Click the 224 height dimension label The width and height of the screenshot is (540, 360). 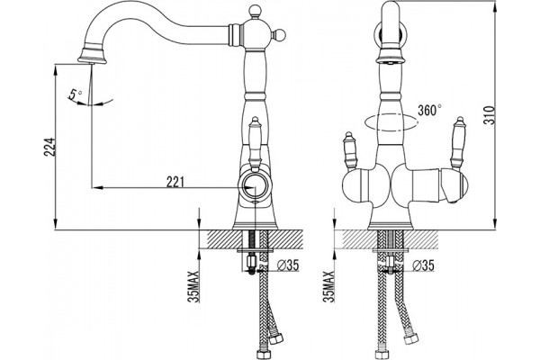coord(49,147)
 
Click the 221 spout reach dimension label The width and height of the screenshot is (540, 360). coord(175,182)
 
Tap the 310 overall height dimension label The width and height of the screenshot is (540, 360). coord(490,115)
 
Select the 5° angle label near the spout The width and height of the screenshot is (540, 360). coord(76,94)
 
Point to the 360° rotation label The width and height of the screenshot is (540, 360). coord(429,111)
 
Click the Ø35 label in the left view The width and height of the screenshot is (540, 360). coord(288,265)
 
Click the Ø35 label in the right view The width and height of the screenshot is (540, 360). coord(423,265)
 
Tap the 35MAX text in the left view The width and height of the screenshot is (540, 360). coord(193,286)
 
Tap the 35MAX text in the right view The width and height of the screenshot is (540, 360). coord(328,286)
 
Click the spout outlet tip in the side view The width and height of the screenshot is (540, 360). coord(93,60)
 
